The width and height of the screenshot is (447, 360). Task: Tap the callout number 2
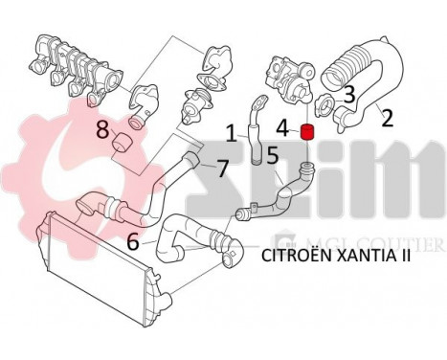tap(388, 119)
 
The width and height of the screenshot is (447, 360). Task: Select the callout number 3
tap(349, 94)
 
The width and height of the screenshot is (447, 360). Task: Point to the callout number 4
tap(282, 126)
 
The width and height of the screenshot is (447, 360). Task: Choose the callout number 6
tap(133, 243)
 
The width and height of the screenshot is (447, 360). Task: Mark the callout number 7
tap(221, 168)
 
